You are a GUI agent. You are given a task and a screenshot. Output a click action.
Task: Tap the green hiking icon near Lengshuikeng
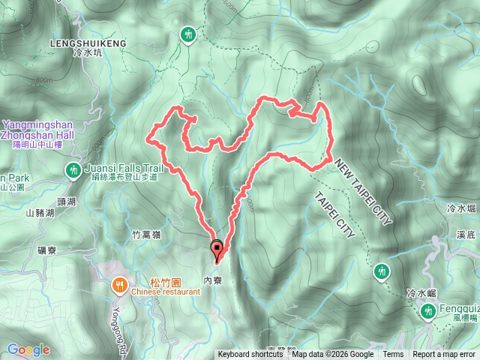187,34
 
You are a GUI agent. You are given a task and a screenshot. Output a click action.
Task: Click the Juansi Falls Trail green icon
73,169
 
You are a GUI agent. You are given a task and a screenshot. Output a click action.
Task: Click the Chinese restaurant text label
165,292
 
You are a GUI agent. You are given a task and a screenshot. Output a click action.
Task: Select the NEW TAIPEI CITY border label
364,190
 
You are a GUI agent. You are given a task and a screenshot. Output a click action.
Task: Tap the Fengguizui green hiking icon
428,310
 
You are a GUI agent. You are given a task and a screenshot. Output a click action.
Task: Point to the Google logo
28,349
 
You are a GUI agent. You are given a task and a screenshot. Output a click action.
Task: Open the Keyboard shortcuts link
250,355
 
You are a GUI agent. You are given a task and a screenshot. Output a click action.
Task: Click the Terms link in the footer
393,355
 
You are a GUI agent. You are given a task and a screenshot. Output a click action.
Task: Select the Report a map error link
444,355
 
